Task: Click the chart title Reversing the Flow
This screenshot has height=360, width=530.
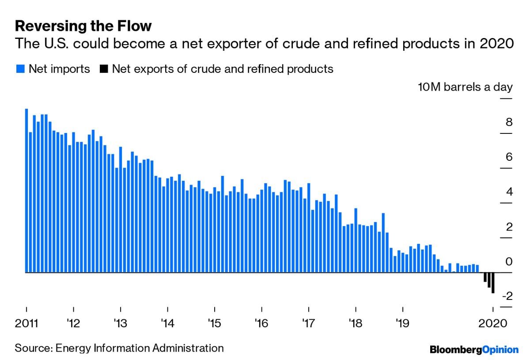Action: pos(83,27)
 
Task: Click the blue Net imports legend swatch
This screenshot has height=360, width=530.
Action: pos(20,69)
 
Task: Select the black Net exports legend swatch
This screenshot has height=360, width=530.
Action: pos(104,69)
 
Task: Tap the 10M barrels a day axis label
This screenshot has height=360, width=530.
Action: pos(465,87)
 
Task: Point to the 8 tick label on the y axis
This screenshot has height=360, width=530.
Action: pos(509,122)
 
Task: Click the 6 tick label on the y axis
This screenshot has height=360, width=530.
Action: pos(509,157)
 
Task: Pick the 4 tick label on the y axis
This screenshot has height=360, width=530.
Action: pos(509,192)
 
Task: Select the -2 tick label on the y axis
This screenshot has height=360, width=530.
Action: pos(507,296)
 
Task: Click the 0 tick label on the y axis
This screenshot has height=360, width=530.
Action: pos(509,262)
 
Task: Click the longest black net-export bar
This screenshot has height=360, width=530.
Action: pos(493,283)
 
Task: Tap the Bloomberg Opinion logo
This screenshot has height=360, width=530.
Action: pos(474,349)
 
